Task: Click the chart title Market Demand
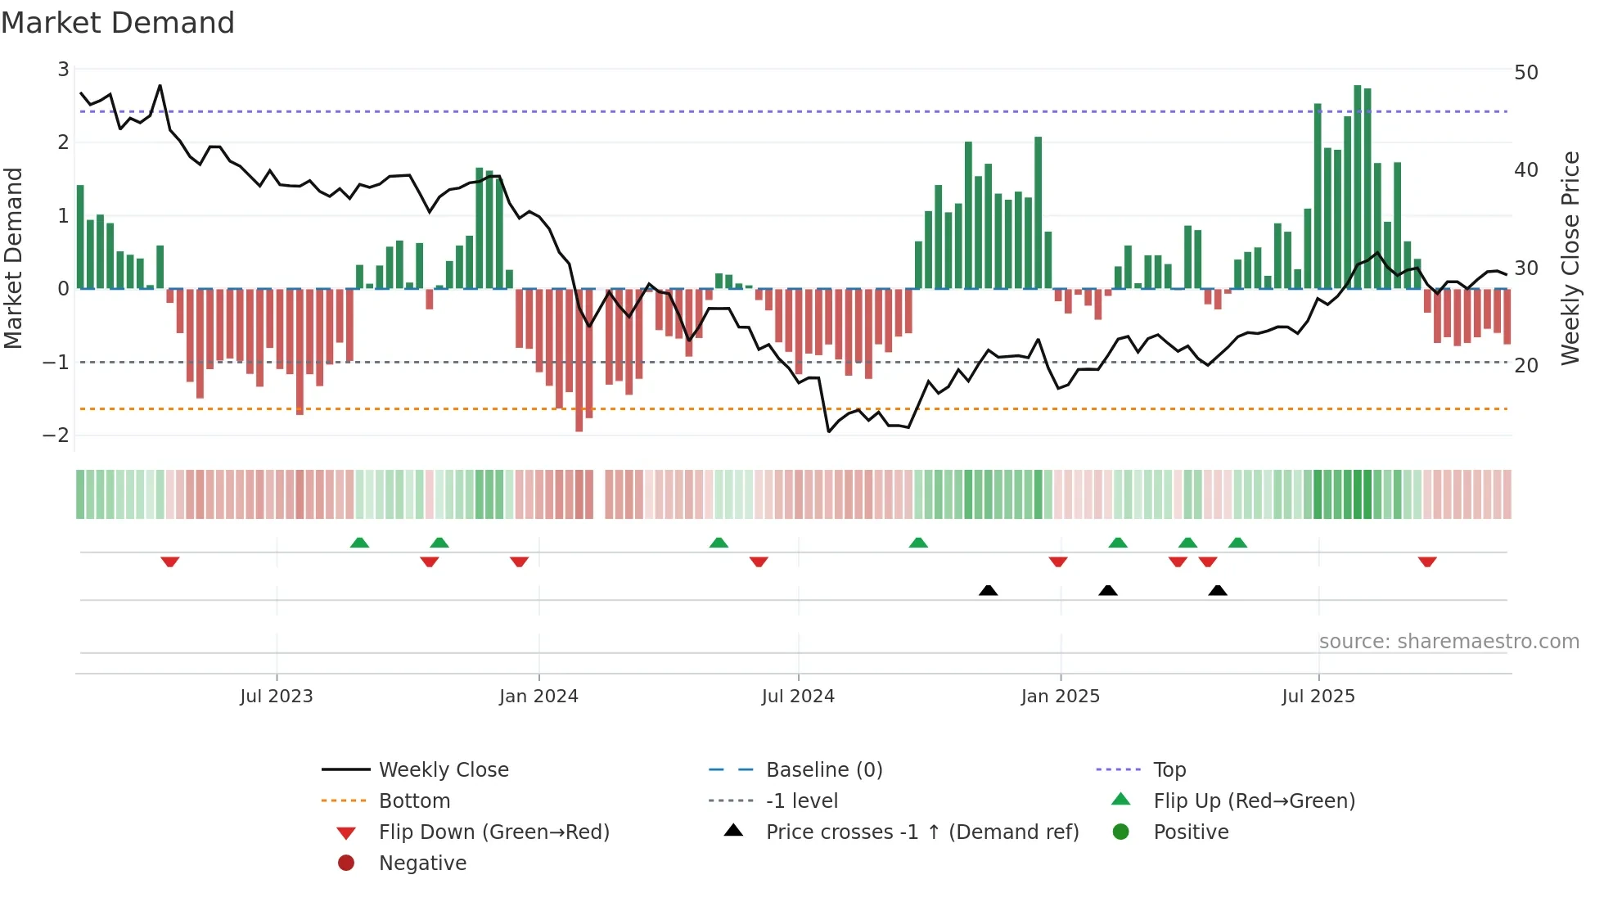click(118, 23)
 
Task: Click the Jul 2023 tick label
click(276, 697)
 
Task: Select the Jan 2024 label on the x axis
click(538, 697)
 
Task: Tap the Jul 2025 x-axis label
click(1318, 697)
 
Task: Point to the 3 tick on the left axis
click(63, 70)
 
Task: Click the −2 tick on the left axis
click(56, 435)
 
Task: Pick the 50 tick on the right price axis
click(1526, 73)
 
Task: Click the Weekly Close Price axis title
click(1570, 258)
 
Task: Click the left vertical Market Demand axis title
click(14, 258)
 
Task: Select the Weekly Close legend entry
click(443, 770)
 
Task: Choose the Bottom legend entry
click(414, 801)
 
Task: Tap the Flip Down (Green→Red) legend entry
click(493, 832)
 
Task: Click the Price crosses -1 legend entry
click(921, 832)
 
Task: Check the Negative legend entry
click(422, 864)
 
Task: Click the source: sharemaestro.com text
click(1449, 642)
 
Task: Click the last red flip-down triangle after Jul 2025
click(1427, 562)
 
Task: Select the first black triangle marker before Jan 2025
click(988, 590)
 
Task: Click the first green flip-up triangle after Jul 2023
click(359, 543)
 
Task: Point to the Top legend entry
click(1169, 770)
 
